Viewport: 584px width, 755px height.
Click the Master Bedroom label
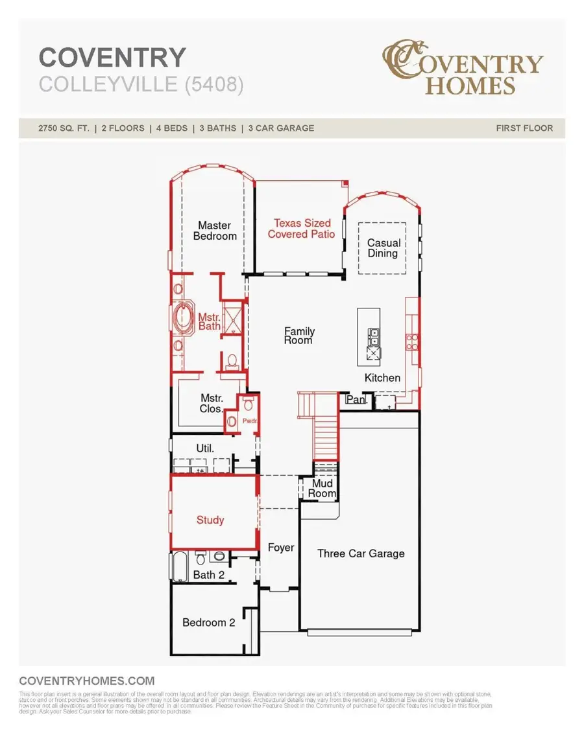(215, 231)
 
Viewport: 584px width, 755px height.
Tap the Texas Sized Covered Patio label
(302, 228)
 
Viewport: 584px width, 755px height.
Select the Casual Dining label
(383, 248)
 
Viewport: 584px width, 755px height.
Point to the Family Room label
(299, 335)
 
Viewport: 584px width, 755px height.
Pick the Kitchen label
(382, 378)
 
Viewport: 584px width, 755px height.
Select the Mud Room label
(323, 488)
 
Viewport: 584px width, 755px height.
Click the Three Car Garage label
(361, 553)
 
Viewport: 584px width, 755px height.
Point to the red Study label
(210, 520)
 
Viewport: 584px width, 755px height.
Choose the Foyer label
(281, 548)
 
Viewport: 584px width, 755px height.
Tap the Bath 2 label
(208, 575)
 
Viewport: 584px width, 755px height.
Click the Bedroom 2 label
(208, 622)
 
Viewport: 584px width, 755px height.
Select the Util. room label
(205, 448)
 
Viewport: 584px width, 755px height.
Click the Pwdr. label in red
(250, 420)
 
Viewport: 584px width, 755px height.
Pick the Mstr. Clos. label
(212, 404)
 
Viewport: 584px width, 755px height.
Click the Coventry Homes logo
(461, 67)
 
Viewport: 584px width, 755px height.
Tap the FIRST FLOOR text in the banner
(524, 128)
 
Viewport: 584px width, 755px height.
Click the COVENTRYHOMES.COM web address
(87, 680)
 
